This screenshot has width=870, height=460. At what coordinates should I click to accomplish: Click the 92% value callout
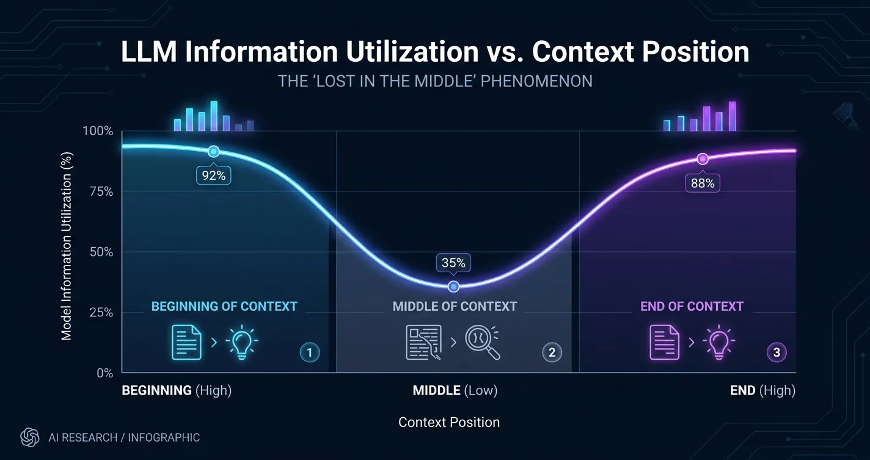(214, 176)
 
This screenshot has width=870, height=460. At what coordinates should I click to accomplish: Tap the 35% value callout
(453, 263)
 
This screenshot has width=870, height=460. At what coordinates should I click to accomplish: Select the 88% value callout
(703, 183)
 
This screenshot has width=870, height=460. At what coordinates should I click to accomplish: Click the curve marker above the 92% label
(214, 151)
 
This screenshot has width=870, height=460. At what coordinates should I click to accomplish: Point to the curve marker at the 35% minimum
(453, 286)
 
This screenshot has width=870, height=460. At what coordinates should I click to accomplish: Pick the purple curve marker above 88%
(702, 158)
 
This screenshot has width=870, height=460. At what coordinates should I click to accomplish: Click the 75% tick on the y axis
(101, 191)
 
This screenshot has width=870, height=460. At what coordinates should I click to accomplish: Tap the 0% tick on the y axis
(105, 373)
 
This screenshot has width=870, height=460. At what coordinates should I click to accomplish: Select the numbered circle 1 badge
(310, 353)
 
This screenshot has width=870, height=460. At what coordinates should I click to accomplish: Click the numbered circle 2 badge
(552, 352)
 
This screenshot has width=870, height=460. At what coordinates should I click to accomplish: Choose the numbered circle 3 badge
(777, 352)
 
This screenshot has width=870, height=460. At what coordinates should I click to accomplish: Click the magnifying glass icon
(483, 342)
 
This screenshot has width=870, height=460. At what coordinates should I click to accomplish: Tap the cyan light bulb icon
(241, 342)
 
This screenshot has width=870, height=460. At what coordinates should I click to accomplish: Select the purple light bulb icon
(718, 342)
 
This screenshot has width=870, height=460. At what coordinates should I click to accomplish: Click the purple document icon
(665, 342)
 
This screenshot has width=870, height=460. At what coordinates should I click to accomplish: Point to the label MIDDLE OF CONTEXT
(455, 306)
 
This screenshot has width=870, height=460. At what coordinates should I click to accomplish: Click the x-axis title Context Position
(449, 422)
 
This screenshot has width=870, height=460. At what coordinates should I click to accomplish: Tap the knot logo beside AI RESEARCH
(30, 437)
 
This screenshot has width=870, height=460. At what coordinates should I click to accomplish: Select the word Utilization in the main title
(412, 51)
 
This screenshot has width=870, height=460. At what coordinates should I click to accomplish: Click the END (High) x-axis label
(763, 390)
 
